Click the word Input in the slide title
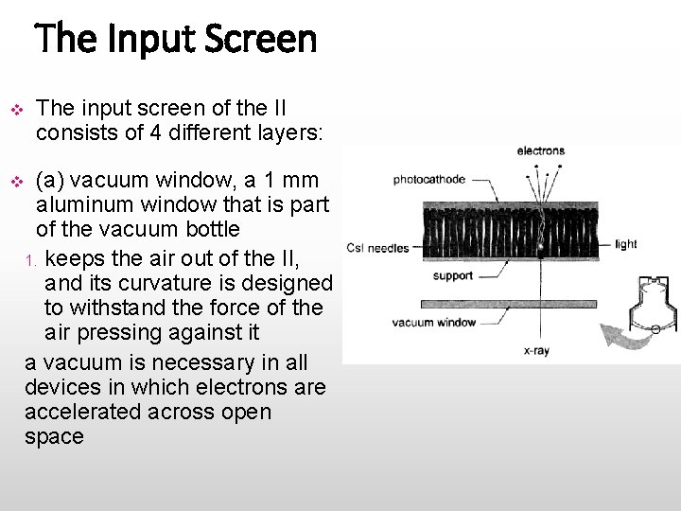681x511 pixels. (x=147, y=40)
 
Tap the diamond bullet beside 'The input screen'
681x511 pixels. (x=16, y=108)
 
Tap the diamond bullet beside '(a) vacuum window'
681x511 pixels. (x=16, y=180)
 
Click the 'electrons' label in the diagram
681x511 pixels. (x=540, y=150)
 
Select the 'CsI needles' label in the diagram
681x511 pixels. (x=377, y=249)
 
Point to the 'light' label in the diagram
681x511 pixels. (x=625, y=244)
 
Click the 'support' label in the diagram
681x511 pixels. (x=452, y=276)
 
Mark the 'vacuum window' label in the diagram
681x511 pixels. (x=434, y=323)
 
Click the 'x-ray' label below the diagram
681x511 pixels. (x=536, y=349)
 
